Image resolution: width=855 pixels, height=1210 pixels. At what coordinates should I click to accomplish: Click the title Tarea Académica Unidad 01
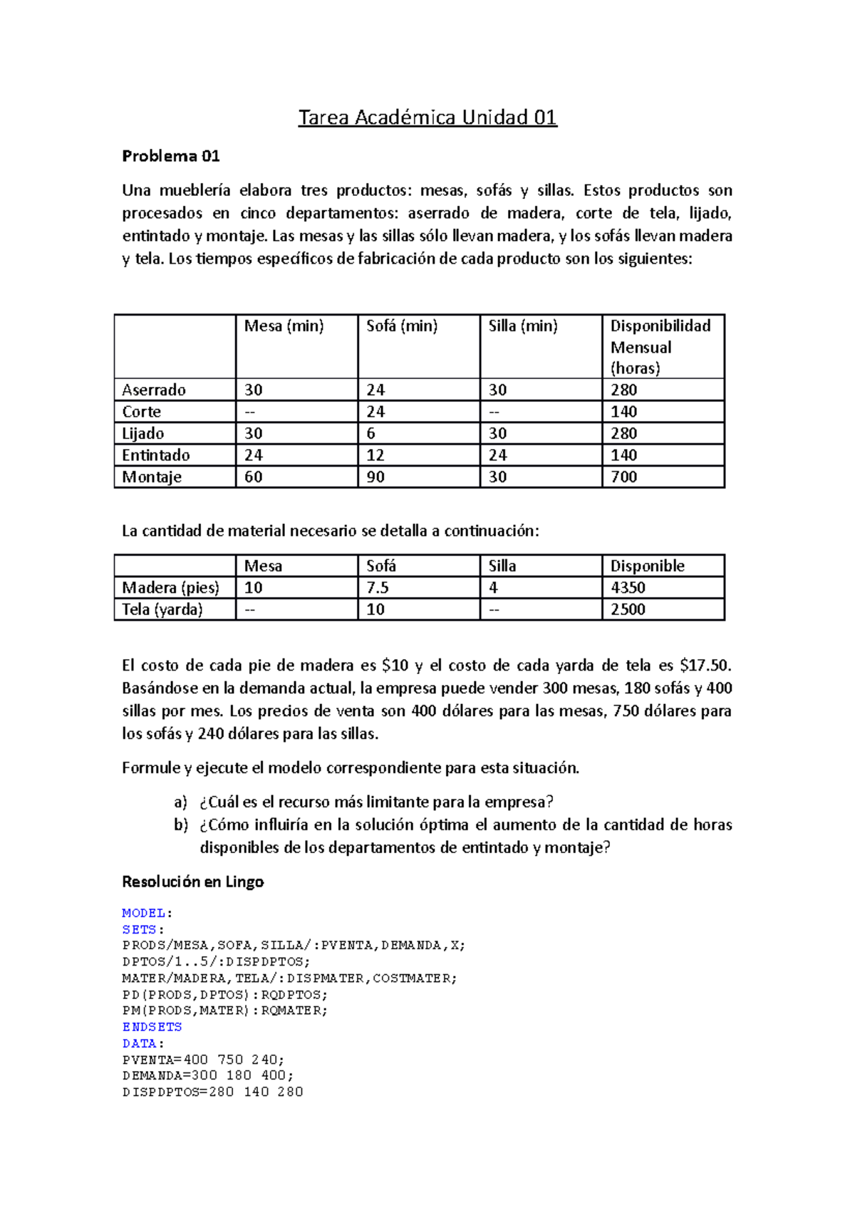(x=427, y=118)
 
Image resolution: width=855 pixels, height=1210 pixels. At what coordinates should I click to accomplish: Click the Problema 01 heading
(x=171, y=156)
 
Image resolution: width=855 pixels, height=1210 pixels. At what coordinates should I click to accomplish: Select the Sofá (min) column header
(x=402, y=326)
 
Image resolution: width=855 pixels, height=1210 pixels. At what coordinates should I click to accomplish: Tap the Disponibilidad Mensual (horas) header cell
(x=660, y=346)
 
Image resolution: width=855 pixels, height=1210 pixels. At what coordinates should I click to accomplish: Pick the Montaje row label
(x=152, y=477)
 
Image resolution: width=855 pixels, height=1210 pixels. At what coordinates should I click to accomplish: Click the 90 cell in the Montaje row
(x=375, y=477)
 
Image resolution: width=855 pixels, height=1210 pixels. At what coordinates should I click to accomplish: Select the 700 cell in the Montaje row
(x=624, y=477)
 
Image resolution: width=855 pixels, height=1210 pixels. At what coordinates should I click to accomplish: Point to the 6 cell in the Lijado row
(x=371, y=433)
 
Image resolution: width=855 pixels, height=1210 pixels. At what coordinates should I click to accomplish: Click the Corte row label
(x=142, y=412)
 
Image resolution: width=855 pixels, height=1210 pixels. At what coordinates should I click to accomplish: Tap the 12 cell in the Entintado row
(x=375, y=455)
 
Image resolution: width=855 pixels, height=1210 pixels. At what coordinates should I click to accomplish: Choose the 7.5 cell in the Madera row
(x=378, y=588)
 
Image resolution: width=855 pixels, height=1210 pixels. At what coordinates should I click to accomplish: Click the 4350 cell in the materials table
(x=628, y=588)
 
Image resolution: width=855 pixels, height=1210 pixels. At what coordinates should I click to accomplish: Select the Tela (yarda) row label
(x=162, y=609)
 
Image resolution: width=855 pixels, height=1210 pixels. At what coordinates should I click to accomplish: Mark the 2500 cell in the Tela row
(x=628, y=609)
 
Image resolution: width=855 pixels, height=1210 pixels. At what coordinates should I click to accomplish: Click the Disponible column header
(x=647, y=566)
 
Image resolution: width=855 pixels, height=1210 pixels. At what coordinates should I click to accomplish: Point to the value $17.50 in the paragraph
(x=705, y=666)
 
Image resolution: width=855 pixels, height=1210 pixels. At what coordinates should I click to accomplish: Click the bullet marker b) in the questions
(x=181, y=825)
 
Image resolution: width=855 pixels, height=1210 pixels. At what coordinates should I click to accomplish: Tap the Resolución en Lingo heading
(x=193, y=882)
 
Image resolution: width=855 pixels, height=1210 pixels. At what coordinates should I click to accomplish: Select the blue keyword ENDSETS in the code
(x=152, y=1027)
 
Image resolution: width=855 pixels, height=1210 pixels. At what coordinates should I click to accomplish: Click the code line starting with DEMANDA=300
(x=207, y=1075)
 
